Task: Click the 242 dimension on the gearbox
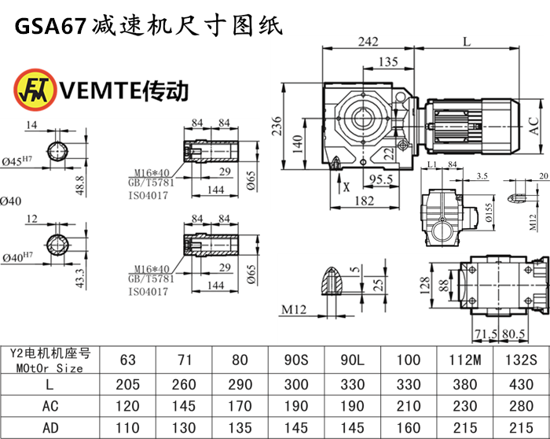(x=368, y=41)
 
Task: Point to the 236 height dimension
(x=277, y=126)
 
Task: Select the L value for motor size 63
(x=127, y=384)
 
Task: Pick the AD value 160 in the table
(x=409, y=429)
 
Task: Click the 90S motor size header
(x=297, y=360)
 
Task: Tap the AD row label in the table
(x=49, y=429)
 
